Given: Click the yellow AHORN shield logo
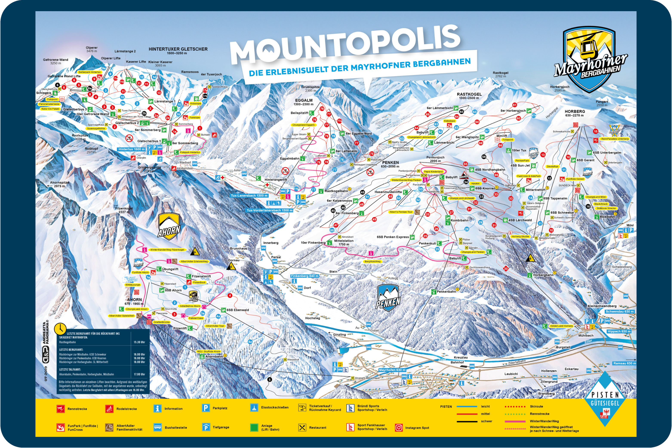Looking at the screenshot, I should (x=169, y=226).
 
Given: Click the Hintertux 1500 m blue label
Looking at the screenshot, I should (x=131, y=149).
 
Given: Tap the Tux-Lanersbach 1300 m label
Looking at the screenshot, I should (x=249, y=196).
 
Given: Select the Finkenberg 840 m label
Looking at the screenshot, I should (x=304, y=276).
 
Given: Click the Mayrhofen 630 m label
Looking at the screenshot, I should (x=392, y=370).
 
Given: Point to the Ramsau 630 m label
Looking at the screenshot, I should (x=624, y=363).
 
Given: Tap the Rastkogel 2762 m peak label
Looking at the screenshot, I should (x=500, y=74).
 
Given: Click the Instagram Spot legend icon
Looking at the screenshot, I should (x=399, y=428).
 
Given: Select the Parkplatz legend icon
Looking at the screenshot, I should (x=206, y=408).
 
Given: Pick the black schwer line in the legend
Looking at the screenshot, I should (x=467, y=421).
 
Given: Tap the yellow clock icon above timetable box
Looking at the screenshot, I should (x=60, y=329).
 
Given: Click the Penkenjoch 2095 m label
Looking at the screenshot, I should (x=435, y=159).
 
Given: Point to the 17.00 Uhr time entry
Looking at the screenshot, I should (x=139, y=374).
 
